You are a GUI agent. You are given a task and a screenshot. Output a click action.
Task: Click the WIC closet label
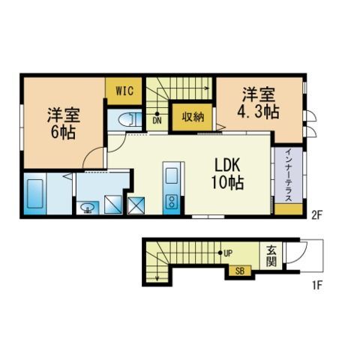click(123, 91)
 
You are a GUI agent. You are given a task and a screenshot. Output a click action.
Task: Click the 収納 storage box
click(192, 116)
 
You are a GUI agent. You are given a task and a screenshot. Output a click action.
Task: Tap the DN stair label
click(157, 119)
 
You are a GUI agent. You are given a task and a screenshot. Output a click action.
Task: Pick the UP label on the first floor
click(227, 253)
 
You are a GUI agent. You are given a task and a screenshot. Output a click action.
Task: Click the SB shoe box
click(240, 271)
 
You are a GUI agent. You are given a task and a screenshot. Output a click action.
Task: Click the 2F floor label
click(316, 215)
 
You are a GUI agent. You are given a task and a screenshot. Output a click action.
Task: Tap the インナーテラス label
click(288, 176)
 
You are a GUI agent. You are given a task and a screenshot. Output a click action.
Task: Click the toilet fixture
click(127, 120)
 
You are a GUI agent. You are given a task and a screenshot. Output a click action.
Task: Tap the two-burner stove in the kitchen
click(169, 201)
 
